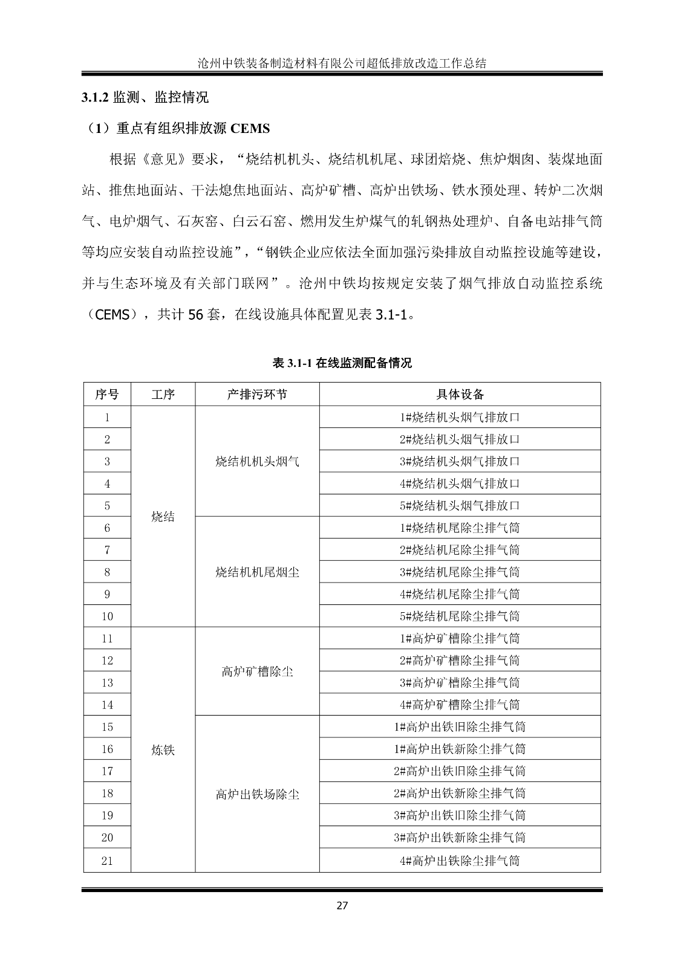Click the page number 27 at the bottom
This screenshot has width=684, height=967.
click(342, 905)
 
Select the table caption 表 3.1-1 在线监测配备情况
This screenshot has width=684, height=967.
click(342, 363)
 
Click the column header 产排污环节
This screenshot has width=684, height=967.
click(257, 395)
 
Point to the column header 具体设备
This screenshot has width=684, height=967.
click(460, 395)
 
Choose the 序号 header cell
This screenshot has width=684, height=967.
click(107, 395)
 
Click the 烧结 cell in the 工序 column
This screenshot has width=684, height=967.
click(163, 517)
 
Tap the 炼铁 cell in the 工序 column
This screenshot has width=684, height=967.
click(163, 750)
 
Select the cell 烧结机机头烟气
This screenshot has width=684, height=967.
click(257, 462)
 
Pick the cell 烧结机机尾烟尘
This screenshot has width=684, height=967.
click(257, 572)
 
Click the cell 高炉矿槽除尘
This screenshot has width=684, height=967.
click(257, 671)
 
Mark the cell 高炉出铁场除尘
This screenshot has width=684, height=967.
click(257, 794)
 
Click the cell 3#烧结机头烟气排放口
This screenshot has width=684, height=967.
click(460, 462)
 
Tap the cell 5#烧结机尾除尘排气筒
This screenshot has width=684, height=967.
click(460, 616)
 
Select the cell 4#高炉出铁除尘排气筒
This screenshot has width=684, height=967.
click(460, 861)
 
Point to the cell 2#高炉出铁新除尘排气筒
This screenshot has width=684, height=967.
click(460, 794)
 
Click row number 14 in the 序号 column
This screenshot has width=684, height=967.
click(107, 705)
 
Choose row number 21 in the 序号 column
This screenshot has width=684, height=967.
click(107, 861)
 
